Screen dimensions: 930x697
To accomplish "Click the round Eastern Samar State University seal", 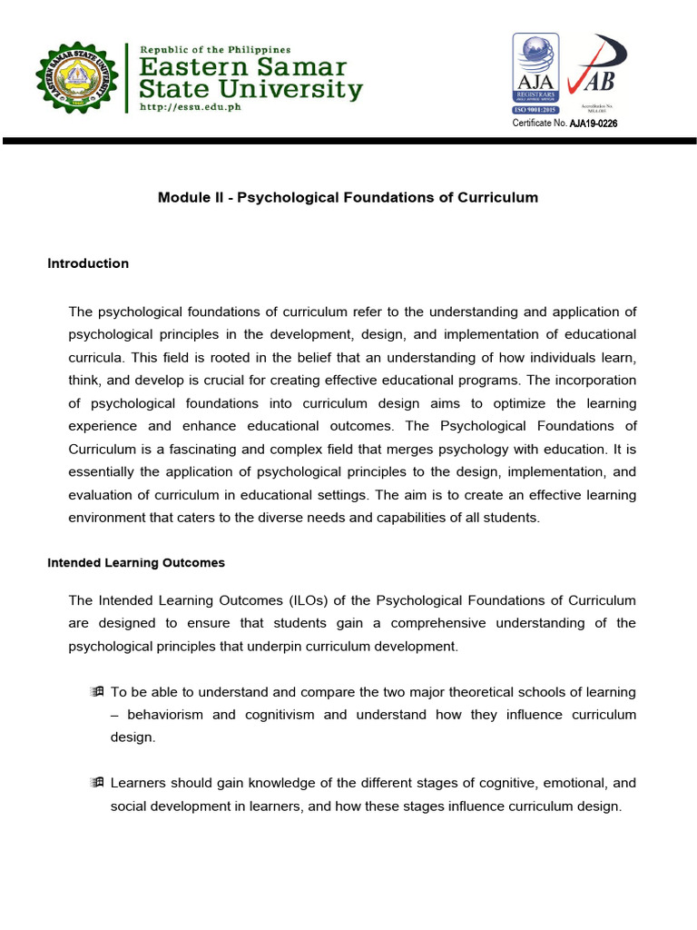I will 76,77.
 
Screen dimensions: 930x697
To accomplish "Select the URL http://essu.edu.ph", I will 191,106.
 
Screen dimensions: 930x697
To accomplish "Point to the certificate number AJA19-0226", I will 594,124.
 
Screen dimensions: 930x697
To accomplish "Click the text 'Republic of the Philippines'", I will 214,48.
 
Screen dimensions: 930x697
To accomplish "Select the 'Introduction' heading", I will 88,263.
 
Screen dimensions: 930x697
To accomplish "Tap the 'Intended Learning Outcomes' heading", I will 135,563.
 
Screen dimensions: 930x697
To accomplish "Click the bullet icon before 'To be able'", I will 98,692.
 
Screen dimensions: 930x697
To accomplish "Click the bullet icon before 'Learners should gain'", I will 98,782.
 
